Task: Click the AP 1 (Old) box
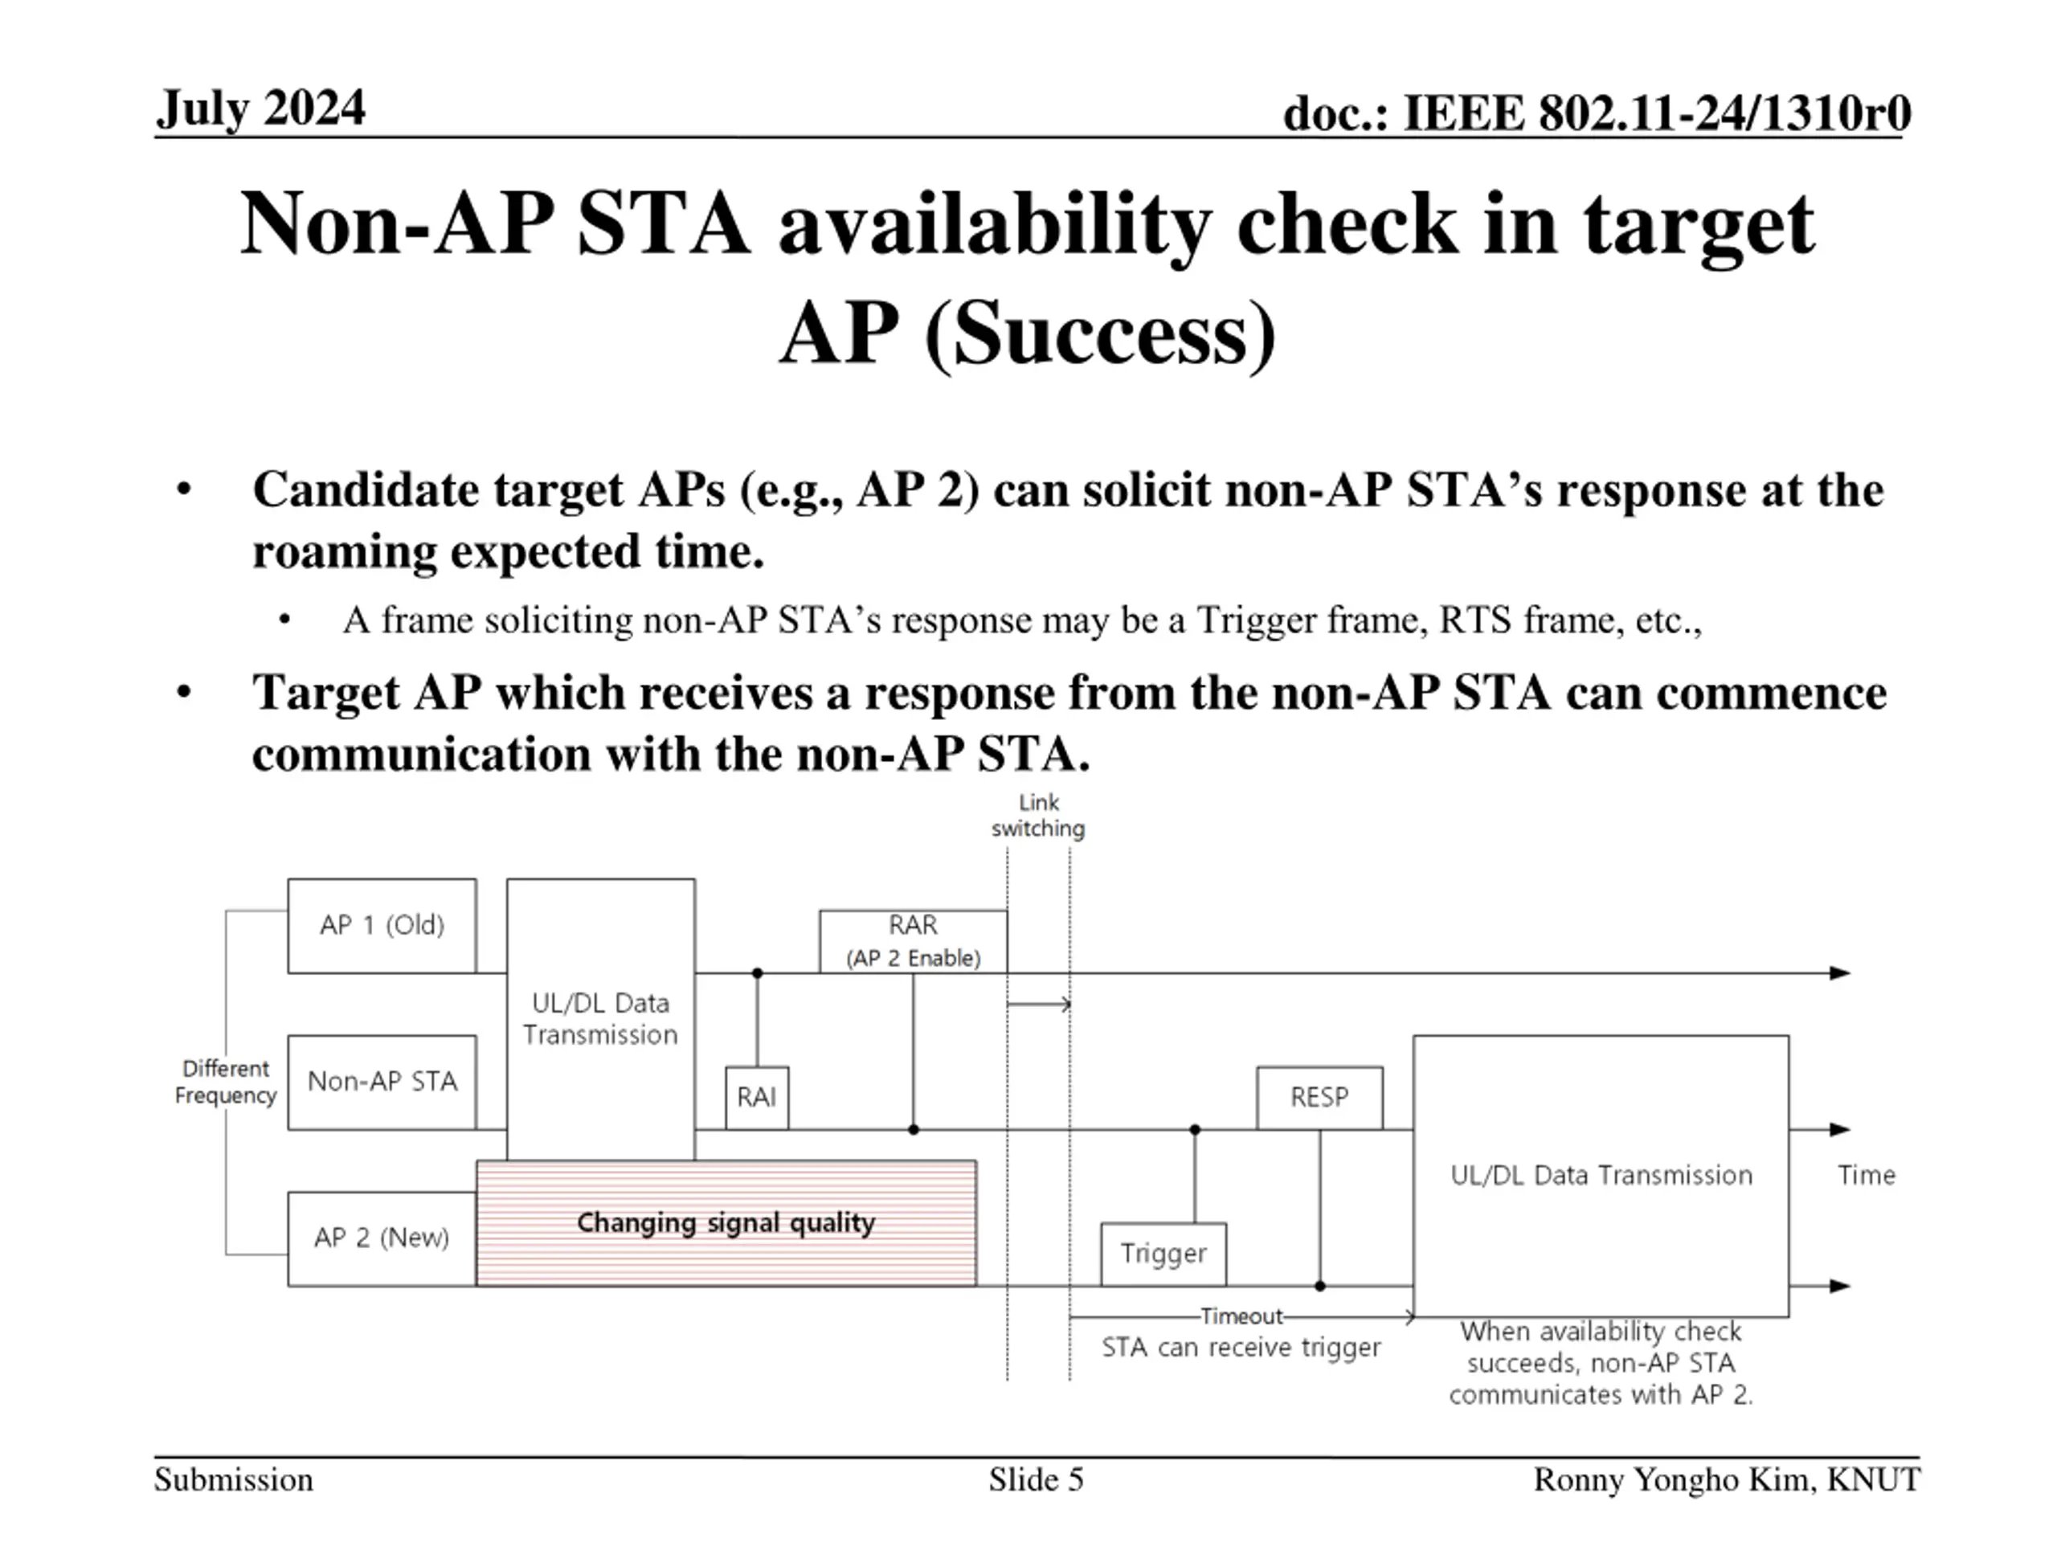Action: point(382,926)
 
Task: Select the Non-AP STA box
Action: point(382,1082)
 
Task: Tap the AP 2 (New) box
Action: point(382,1238)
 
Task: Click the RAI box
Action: point(756,1098)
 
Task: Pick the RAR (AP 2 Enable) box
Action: point(912,941)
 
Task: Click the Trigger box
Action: point(1163,1254)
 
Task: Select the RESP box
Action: point(1319,1098)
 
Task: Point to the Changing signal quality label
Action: point(726,1222)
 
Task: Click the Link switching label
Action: point(1038,815)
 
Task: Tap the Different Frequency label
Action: point(226,1082)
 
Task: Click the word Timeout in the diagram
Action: point(1241,1316)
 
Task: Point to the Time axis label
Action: point(1866,1175)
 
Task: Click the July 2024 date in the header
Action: point(260,108)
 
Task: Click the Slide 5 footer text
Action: point(1036,1479)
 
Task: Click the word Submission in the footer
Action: point(233,1479)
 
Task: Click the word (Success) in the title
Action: point(1100,333)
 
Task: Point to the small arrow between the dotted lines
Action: point(1039,1005)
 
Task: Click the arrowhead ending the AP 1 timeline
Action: point(1839,973)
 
